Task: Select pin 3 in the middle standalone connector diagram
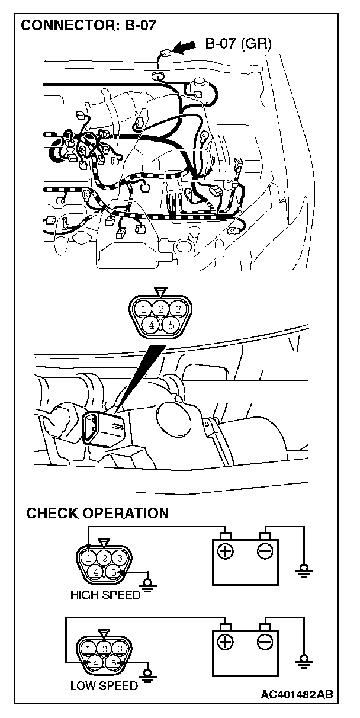pyautogui.click(x=176, y=309)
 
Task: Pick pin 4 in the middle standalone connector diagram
pyautogui.click(x=152, y=325)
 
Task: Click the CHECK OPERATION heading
pyautogui.click(x=98, y=513)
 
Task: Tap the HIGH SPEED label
pyautogui.click(x=105, y=595)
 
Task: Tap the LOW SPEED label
pyautogui.click(x=104, y=686)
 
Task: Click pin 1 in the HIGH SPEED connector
pyautogui.click(x=88, y=557)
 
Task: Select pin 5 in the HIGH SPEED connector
pyautogui.click(x=113, y=572)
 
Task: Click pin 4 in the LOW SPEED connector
pyautogui.click(x=95, y=663)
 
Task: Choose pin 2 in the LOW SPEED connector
pyautogui.click(x=104, y=648)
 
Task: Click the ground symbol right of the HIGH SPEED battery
pyautogui.click(x=304, y=569)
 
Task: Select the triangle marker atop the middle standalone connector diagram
pyautogui.click(x=160, y=292)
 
